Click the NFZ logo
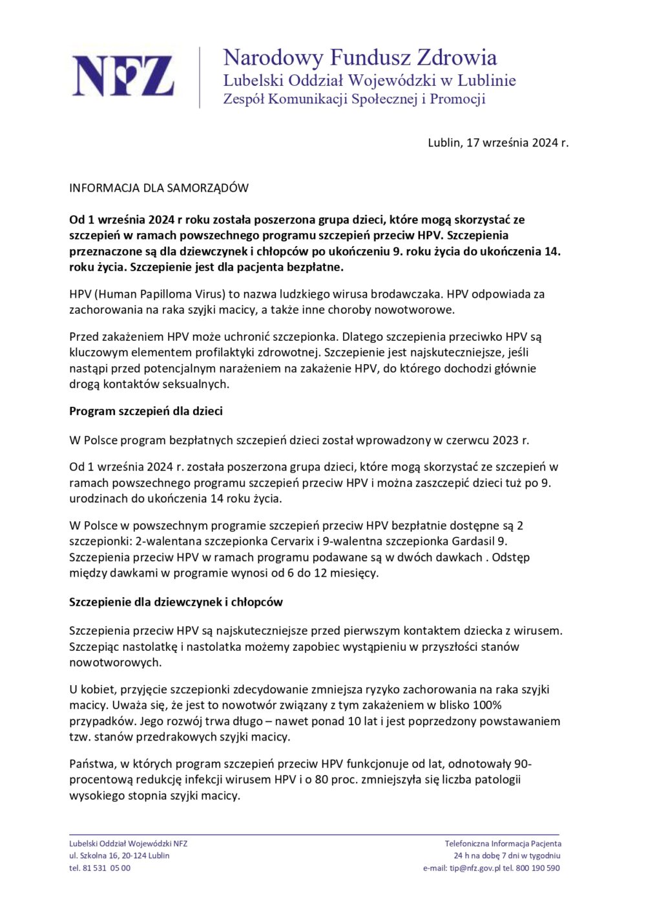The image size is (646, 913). coord(123,77)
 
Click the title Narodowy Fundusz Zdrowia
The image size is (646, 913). coord(360,57)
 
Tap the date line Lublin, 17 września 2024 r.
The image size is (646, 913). coord(497,143)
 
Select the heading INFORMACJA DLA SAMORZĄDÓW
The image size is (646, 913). coord(159,189)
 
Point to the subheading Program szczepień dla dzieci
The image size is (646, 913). coord(146,411)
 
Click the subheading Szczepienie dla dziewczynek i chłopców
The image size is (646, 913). coord(176,602)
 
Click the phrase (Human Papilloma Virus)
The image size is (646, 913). coord(162,294)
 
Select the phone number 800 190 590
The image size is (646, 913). coord(538,868)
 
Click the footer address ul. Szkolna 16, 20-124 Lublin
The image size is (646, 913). coord(120,856)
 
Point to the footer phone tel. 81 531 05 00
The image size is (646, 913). coord(100,868)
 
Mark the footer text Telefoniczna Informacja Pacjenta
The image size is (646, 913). coord(503,844)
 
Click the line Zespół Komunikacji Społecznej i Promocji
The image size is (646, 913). coord(354,99)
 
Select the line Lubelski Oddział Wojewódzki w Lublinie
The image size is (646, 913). coord(370,81)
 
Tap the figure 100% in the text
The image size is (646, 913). coord(487,706)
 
